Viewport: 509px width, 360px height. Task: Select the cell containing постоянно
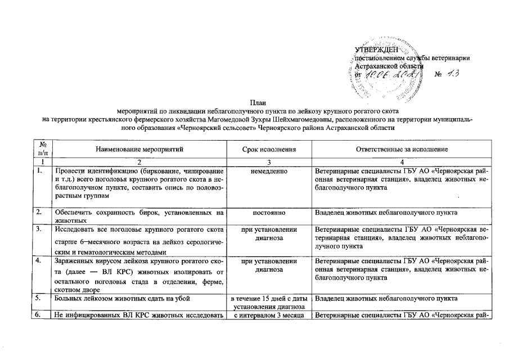[268, 212]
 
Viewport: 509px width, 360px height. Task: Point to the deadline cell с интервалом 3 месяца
[268, 315]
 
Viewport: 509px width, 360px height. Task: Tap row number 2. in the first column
[38, 212]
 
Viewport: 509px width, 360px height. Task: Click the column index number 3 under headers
[268, 162]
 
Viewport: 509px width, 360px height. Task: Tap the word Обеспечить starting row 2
[72, 212]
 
